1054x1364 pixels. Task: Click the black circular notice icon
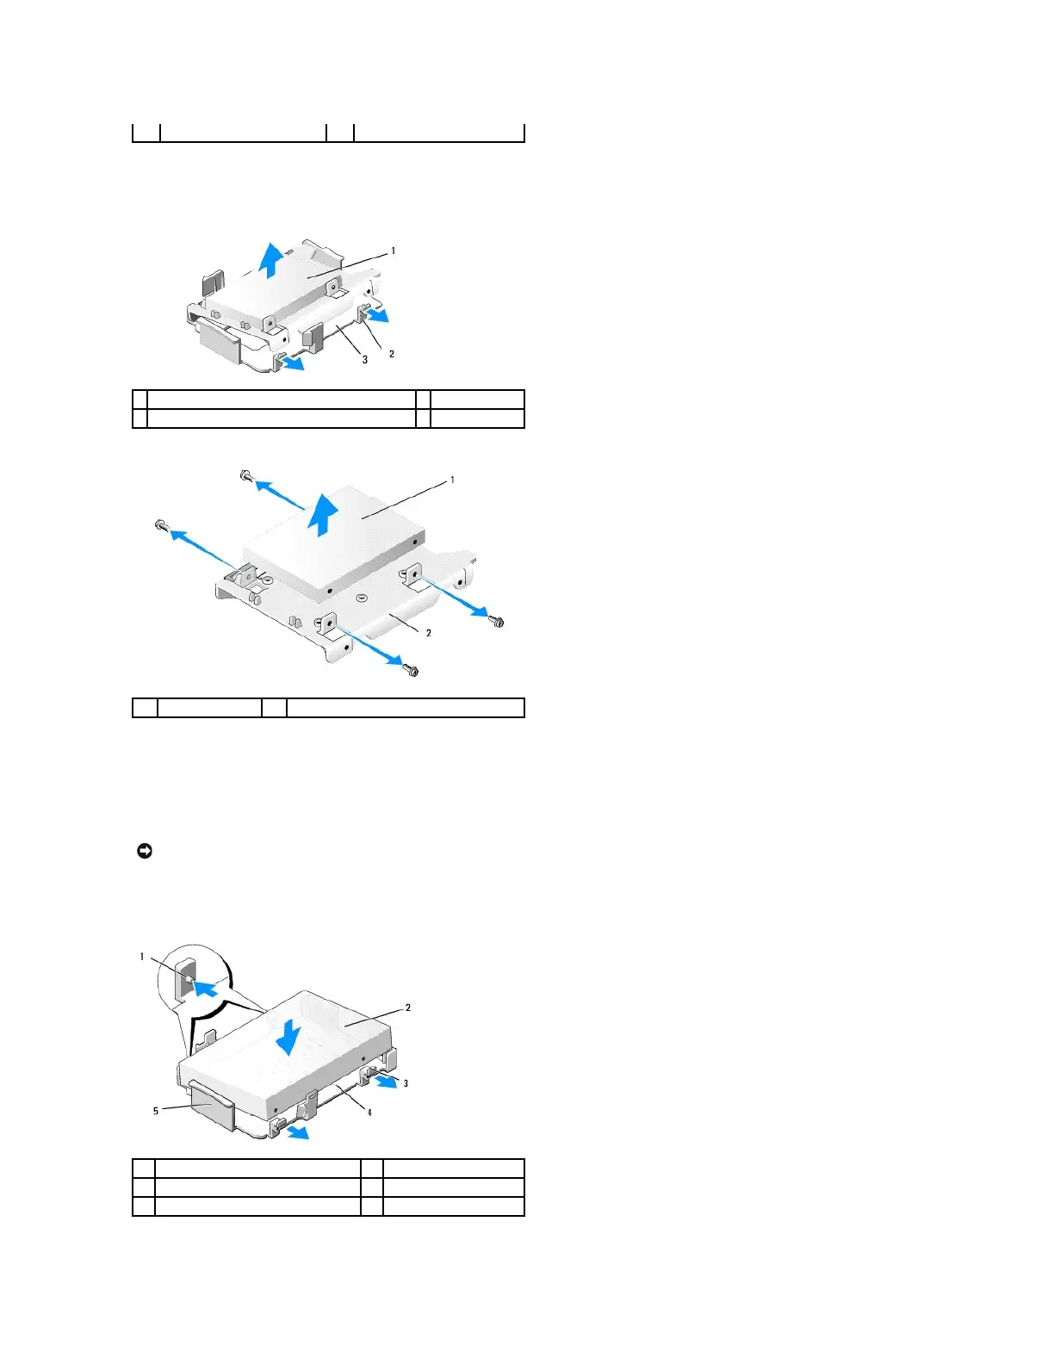[145, 852]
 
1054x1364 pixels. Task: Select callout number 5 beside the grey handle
[156, 1111]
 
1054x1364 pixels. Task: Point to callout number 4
[370, 1113]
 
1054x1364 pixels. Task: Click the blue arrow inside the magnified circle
[202, 989]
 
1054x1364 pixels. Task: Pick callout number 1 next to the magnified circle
[143, 957]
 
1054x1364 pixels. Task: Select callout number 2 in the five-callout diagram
[408, 1008]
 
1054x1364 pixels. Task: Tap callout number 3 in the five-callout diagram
[406, 1083]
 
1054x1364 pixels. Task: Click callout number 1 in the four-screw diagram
[453, 480]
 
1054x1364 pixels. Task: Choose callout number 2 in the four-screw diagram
[429, 633]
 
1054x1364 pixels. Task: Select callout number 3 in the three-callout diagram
[365, 360]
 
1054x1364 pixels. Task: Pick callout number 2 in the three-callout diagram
[392, 354]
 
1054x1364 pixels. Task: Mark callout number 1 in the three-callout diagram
[394, 251]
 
